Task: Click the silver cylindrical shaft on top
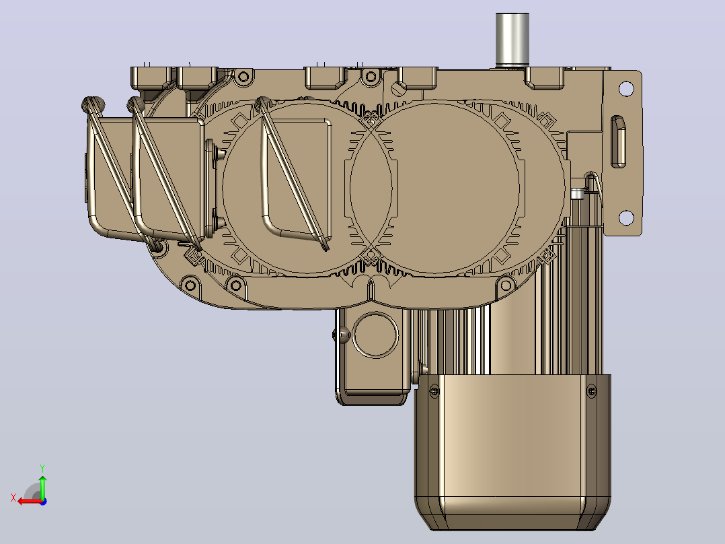pos(512,40)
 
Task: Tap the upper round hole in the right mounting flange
pos(626,88)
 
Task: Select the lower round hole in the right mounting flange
pos(626,217)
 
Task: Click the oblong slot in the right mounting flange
pos(619,141)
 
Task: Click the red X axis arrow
pos(30,502)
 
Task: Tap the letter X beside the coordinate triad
pos(13,498)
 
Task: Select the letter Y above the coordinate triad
pos(42,468)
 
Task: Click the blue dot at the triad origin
pos(43,502)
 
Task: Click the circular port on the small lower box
pos(375,335)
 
